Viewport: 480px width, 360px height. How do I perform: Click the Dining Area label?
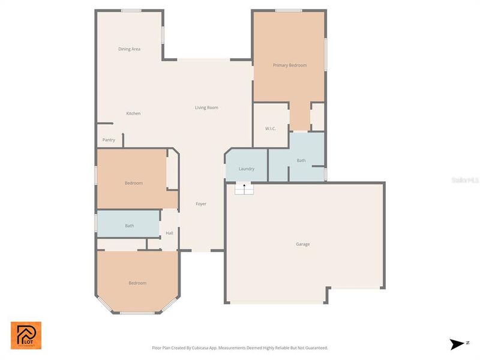coord(129,49)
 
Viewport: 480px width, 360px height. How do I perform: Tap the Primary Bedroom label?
coord(290,65)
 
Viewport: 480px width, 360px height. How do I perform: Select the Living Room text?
coord(206,108)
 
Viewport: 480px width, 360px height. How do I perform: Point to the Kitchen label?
coord(133,113)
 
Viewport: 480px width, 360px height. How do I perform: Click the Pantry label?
coord(109,140)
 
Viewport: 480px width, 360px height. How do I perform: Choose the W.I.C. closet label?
coord(270,129)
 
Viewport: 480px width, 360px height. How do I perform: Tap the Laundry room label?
coord(247,169)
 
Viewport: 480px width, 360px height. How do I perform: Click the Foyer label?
coord(201,204)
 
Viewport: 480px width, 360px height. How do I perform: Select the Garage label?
coord(302,244)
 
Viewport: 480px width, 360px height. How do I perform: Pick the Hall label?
coord(169,233)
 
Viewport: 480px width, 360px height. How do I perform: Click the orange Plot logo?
coord(26,335)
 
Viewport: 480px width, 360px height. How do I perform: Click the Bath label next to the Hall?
coord(130,226)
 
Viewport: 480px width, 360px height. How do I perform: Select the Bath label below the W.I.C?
coord(301,161)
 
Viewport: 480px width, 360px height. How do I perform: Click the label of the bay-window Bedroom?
coord(137,283)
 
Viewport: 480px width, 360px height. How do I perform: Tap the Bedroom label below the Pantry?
coord(134,183)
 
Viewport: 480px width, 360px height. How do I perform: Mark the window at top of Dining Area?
coord(131,10)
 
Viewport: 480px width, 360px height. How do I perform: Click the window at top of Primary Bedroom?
coord(289,10)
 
